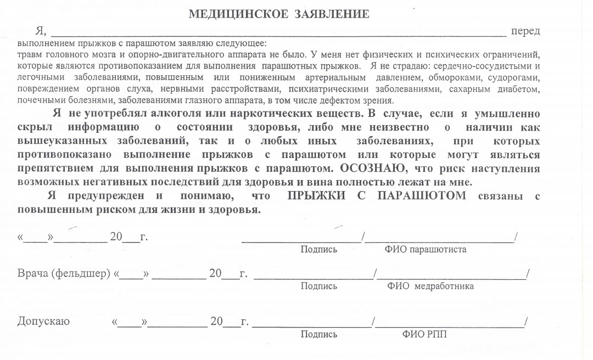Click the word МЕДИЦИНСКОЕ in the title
238,14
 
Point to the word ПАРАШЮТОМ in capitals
422,196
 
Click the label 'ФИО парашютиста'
426,250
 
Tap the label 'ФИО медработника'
430,286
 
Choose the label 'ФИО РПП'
424,334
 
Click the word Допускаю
43,322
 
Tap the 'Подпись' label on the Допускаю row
318,334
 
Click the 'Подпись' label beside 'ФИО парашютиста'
318,250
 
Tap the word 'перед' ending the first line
525,31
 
